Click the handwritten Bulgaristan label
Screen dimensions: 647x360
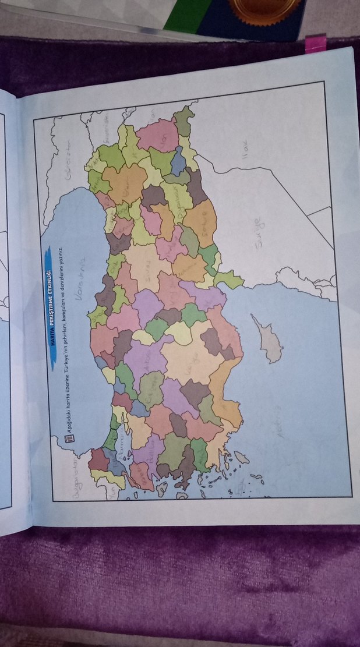point(74,478)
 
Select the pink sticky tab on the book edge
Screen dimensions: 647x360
point(315,44)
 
